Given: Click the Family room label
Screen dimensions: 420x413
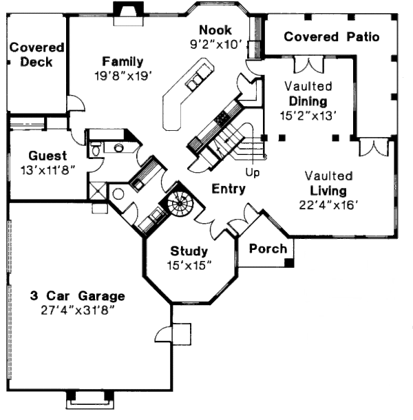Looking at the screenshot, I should point(123,61).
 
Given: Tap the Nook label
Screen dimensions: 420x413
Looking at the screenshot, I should point(215,30).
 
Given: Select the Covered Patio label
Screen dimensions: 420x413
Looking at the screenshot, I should point(331,36).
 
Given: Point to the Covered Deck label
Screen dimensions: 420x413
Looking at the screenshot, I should point(36,55).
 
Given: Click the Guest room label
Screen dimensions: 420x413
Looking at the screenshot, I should point(48,156).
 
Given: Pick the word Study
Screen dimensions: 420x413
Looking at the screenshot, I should point(189,251).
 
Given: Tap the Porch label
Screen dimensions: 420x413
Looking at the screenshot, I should point(267,249).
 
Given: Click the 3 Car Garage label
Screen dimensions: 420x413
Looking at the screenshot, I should point(77,296).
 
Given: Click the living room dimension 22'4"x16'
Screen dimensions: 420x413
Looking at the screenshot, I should point(329,204).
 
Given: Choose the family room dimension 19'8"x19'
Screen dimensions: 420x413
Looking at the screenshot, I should point(123,74).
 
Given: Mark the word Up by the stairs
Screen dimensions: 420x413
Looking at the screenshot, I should point(253,172).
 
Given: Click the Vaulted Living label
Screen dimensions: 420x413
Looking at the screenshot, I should point(329,183).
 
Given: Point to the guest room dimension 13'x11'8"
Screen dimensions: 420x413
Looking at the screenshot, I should point(48,169).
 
